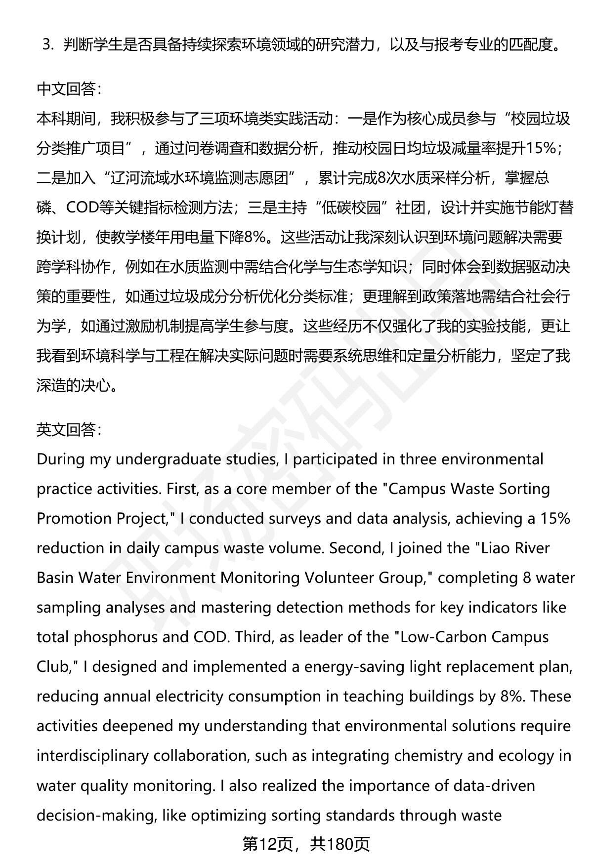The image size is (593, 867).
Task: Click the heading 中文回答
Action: (69, 89)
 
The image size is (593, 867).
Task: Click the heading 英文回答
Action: (69, 430)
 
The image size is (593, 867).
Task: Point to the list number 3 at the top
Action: (48, 45)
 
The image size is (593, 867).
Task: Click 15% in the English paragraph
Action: (554, 518)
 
